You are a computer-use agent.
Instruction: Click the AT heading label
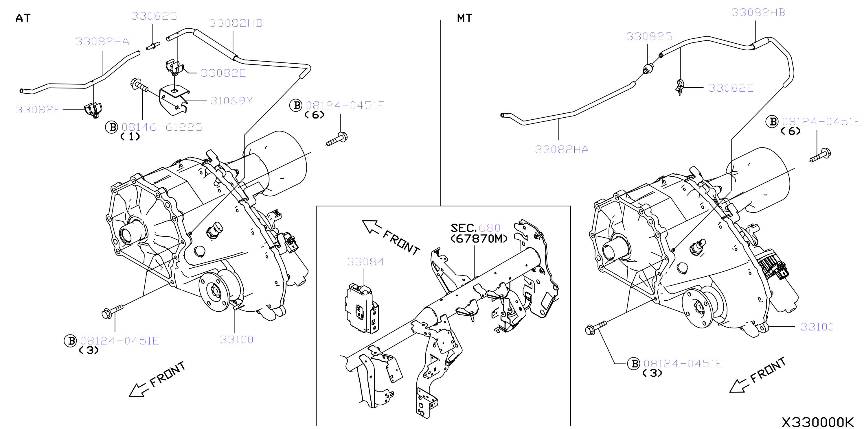coord(23,18)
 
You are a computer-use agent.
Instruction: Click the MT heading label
coord(464,18)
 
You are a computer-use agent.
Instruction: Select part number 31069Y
coord(231,101)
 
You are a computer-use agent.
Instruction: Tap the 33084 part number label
coord(365,262)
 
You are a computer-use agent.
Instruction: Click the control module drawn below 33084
coord(362,309)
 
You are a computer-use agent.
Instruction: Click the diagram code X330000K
coord(817,422)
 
